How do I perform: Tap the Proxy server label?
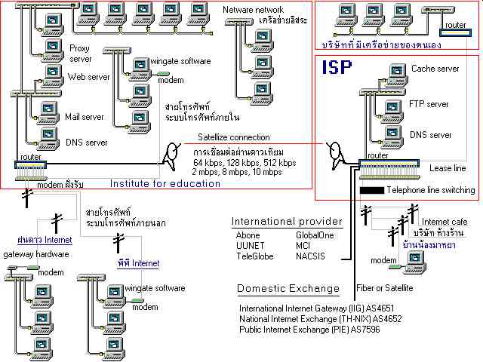[x=80, y=52]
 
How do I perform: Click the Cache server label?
[x=435, y=69]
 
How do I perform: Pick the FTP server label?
[x=428, y=103]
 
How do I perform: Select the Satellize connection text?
[x=233, y=137]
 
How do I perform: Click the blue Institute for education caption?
[x=165, y=183]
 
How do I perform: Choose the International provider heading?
[x=287, y=222]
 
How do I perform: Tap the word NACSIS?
[x=311, y=256]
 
